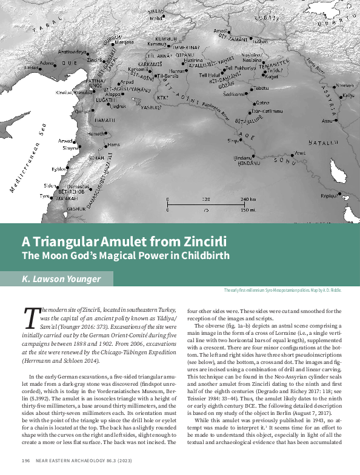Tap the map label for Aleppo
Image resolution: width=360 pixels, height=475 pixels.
[95, 95]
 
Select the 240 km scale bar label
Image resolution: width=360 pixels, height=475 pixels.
[248, 199]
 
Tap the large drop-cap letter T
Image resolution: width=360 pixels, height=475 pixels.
[30, 317]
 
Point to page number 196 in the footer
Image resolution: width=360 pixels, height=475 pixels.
[25, 460]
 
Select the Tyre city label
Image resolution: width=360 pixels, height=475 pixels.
[44, 197]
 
